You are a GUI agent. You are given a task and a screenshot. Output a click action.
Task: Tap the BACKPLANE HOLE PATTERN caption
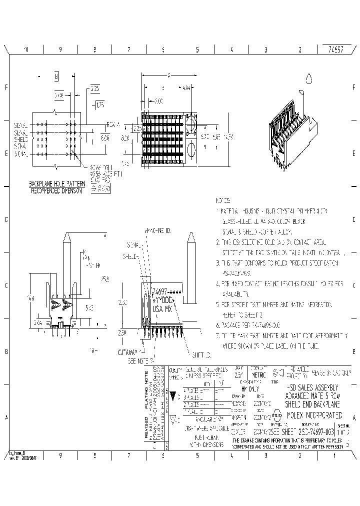point(56,184)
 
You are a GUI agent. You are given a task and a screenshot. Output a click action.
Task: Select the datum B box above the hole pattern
point(56,76)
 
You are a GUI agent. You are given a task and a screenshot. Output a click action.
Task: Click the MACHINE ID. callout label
point(158,230)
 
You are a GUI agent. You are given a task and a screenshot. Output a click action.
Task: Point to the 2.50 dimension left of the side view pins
point(123,332)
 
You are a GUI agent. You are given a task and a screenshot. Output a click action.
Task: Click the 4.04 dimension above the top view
point(186,88)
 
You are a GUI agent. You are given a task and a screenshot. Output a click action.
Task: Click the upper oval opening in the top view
point(191,124)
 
